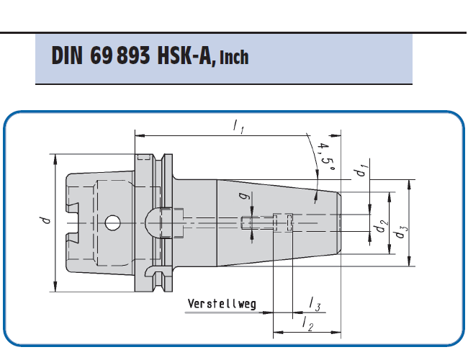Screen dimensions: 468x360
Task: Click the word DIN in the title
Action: (67, 55)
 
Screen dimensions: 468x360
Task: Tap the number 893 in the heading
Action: (133, 55)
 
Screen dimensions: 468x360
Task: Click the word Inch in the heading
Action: (234, 58)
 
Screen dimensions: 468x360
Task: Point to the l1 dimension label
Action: (239, 126)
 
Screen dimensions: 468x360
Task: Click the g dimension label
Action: (244, 196)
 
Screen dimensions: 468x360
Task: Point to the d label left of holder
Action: (45, 220)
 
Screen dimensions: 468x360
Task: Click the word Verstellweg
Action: (222, 304)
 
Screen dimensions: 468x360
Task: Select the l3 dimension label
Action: (315, 304)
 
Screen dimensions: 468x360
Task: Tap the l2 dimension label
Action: (308, 323)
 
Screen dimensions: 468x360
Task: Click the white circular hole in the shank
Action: (113, 222)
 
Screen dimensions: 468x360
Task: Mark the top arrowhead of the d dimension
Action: (55, 159)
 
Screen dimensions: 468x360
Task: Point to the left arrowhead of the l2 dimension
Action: (279, 332)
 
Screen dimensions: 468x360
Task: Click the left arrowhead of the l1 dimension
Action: (140, 136)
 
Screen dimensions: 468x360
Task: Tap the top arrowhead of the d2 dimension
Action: (390, 197)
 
